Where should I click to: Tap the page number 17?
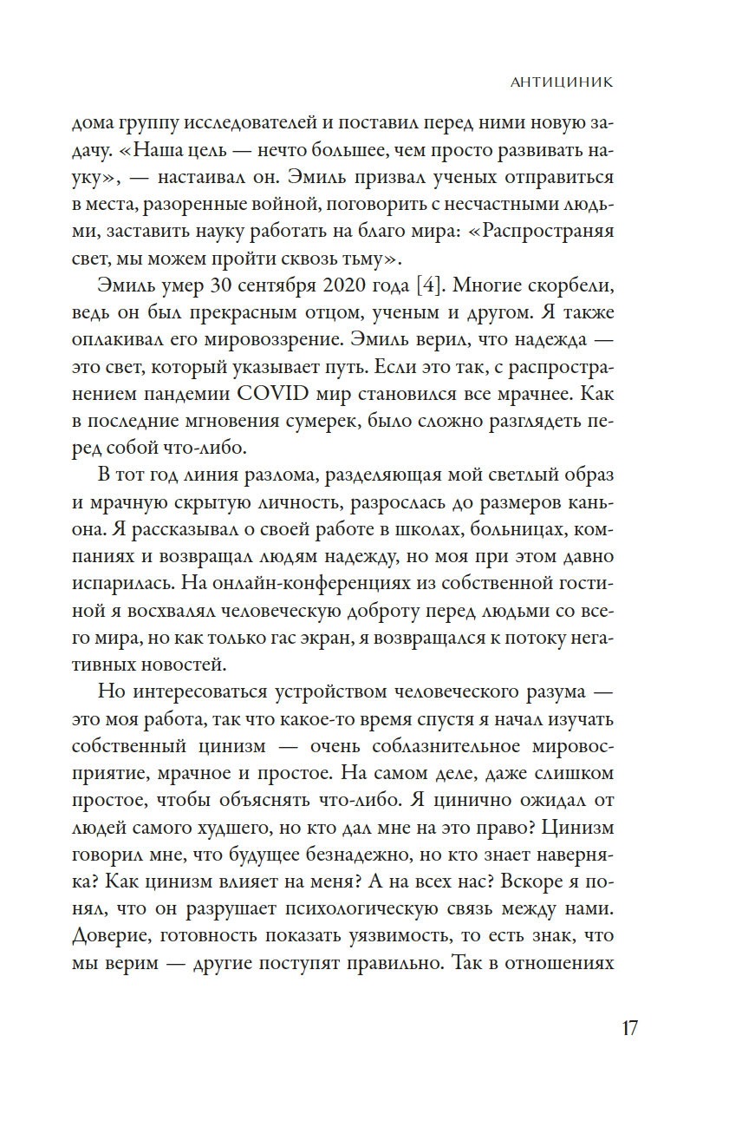[x=629, y=1028]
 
